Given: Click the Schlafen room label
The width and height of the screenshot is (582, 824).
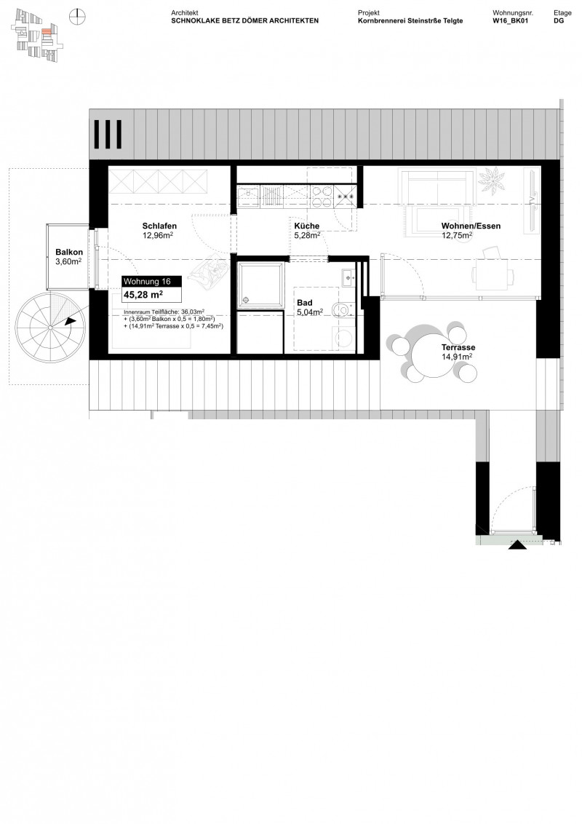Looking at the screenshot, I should [x=160, y=226].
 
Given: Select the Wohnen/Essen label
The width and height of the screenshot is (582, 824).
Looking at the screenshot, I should [x=471, y=226].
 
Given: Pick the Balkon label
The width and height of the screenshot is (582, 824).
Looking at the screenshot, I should [x=68, y=253].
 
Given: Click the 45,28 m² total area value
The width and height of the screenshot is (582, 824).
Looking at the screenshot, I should [x=143, y=295].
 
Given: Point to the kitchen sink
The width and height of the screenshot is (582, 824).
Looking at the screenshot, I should [x=248, y=194].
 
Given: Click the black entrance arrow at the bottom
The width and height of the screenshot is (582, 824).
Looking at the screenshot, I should [x=517, y=544].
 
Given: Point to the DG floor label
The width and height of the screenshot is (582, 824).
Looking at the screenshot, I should [x=558, y=22].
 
